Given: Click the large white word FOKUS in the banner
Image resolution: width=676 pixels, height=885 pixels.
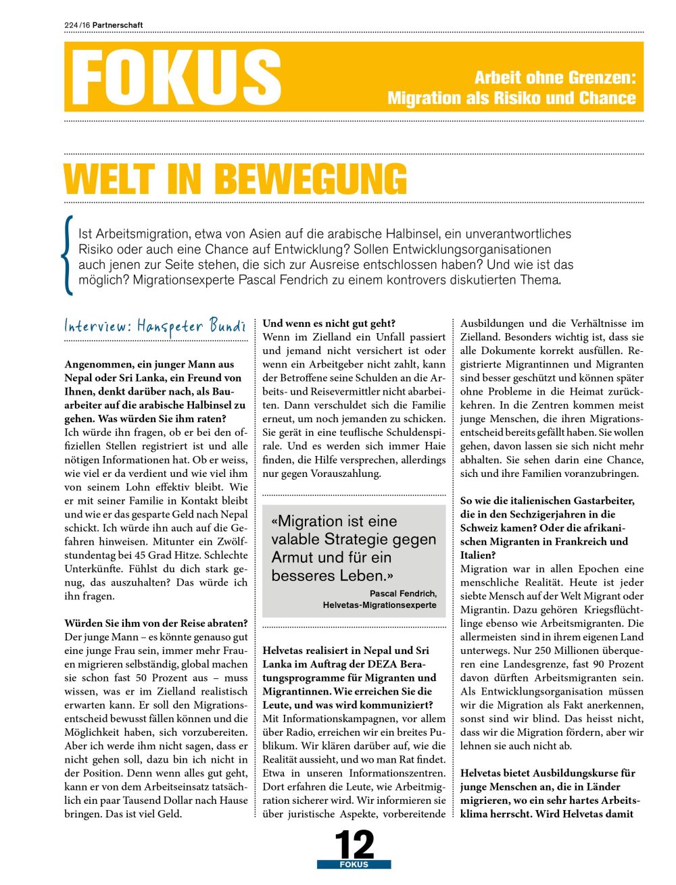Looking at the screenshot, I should click(176, 78).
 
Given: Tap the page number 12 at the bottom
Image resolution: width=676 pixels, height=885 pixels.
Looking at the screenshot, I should click(354, 844).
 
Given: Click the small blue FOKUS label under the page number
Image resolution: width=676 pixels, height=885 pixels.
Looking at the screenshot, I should click(354, 865).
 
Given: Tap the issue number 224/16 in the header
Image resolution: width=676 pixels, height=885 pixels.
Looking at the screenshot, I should click(77, 25).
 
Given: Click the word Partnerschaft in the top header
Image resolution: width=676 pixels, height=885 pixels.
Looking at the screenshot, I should click(118, 25).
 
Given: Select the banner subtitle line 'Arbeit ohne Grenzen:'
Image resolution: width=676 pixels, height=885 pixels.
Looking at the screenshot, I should click(555, 78).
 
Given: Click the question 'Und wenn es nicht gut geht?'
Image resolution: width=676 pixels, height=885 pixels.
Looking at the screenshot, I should click(329, 324).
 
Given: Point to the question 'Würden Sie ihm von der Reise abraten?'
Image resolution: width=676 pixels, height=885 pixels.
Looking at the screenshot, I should click(156, 623).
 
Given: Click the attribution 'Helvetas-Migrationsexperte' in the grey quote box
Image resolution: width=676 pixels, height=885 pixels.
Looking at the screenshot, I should click(379, 605).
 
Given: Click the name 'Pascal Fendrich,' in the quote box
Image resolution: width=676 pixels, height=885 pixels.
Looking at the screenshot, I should click(403, 593).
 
